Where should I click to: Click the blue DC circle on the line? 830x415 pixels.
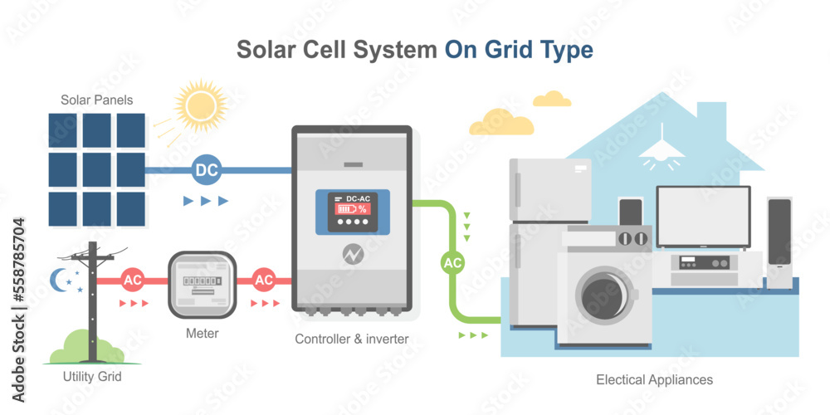click(206, 170)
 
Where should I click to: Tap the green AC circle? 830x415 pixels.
click(452, 263)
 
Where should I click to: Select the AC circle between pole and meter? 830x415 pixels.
click(133, 280)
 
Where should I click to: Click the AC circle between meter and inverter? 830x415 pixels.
click(264, 280)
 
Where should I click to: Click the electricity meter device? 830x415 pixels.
click(203, 285)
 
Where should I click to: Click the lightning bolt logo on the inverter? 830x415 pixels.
click(352, 253)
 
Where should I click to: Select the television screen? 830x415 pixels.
click(703, 217)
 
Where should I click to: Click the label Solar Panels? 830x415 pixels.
click(96, 100)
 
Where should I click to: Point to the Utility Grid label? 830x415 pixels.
click(92, 377)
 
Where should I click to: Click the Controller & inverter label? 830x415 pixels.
click(352, 339)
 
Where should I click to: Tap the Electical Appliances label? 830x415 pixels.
click(654, 379)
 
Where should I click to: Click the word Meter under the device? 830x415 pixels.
click(203, 334)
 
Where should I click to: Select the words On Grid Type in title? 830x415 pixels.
click(519, 50)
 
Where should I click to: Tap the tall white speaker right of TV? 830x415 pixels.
click(779, 242)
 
